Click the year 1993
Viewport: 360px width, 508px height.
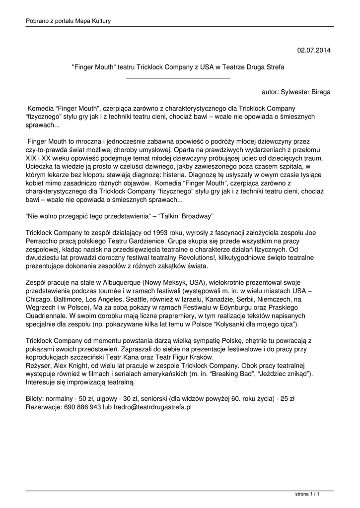click(128, 233)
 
